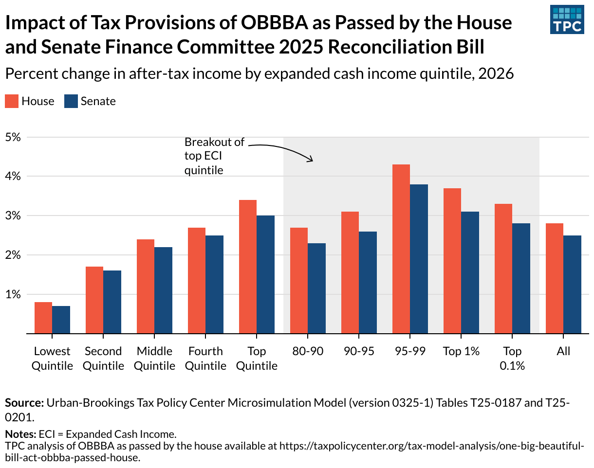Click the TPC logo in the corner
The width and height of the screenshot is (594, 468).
566,20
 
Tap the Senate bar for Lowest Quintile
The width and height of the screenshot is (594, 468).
61,320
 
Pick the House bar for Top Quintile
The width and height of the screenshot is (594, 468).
248,267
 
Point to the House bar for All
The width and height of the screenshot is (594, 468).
555,278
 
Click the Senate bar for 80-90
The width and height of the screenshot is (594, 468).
316,288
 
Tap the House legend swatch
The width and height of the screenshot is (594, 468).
12,101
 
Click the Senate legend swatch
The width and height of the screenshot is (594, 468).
71,101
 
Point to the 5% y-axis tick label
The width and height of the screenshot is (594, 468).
13,137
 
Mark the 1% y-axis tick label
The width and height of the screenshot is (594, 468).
13,294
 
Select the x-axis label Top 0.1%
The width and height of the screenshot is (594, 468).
512,359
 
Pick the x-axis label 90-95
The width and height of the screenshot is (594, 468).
359,351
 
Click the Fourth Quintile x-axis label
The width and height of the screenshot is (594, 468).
205,359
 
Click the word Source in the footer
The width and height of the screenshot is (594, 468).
24,403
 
